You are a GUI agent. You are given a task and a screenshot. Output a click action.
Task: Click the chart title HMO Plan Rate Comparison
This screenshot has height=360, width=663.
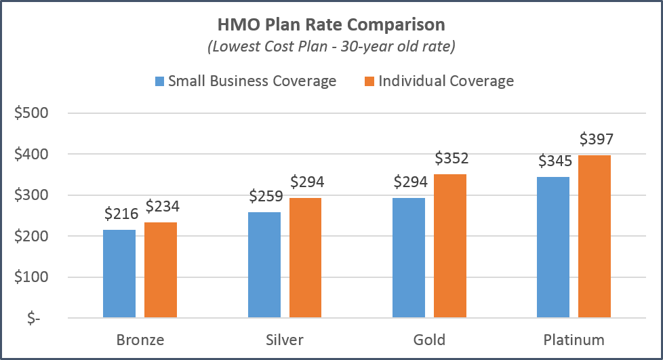331,25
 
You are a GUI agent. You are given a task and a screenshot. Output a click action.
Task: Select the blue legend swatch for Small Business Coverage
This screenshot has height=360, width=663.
160,81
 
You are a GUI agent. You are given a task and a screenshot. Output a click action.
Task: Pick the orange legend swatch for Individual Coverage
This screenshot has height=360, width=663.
370,81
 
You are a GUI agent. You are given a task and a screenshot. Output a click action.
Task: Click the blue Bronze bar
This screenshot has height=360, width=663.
119,273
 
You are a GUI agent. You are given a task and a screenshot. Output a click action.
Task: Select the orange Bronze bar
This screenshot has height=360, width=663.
161,270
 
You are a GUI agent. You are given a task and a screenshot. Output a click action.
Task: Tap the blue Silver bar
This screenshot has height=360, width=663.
264,264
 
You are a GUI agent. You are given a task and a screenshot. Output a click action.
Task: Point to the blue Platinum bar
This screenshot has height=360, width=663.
553,247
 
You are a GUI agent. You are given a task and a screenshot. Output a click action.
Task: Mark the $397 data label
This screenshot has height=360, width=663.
597,140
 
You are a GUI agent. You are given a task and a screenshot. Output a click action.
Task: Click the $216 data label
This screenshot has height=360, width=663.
121,214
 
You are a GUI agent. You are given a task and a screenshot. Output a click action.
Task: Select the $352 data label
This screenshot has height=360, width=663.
451,159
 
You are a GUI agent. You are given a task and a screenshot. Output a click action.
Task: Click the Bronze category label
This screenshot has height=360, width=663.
140,339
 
